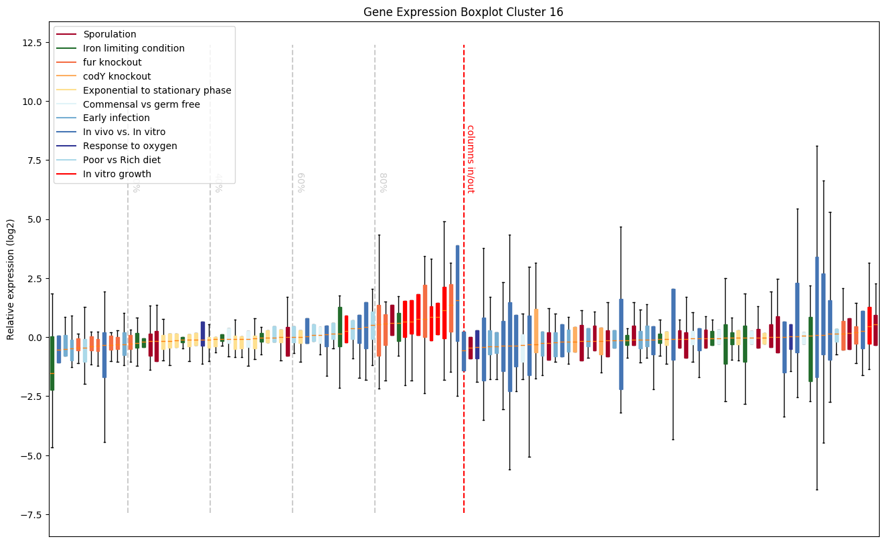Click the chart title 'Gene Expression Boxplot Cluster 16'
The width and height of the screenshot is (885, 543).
coord(463,12)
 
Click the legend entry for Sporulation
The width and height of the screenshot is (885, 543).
coord(110,34)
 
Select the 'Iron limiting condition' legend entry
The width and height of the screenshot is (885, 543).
coord(133,48)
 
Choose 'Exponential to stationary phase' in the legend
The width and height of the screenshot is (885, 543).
coord(157,90)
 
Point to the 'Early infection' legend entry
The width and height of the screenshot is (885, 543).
coord(116,118)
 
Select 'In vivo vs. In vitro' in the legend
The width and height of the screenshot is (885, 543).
coord(124,132)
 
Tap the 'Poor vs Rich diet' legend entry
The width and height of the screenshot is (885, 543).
coord(122,160)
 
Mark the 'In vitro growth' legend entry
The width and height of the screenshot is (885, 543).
coord(117,174)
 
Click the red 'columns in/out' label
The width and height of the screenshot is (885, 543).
coord(470,159)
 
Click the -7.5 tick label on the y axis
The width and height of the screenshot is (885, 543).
coord(30,515)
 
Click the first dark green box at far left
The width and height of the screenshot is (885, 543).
coord(52,363)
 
